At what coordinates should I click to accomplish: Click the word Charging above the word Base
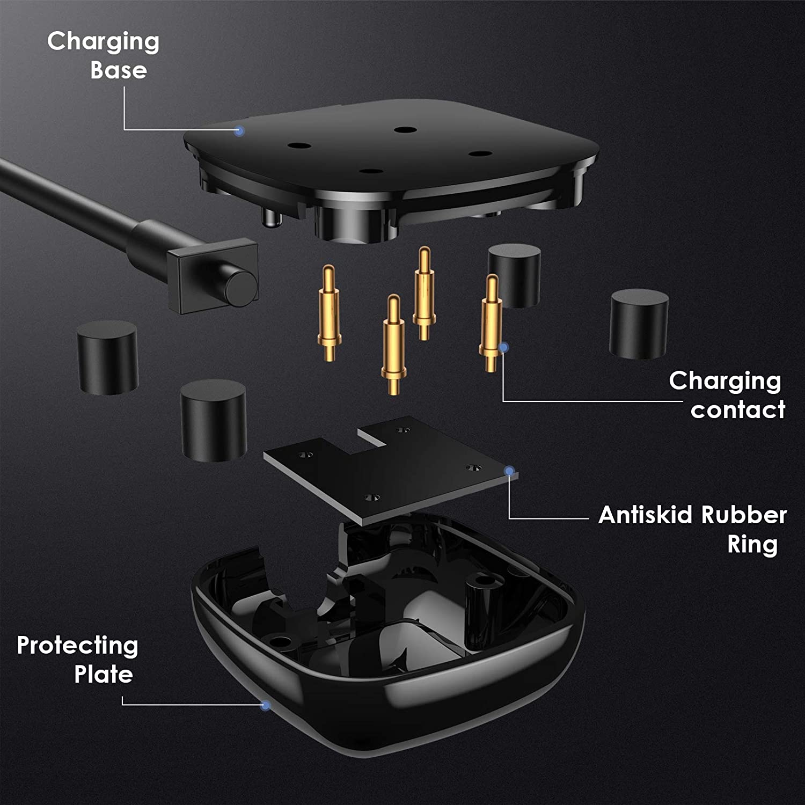(x=103, y=42)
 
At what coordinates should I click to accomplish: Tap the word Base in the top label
(x=118, y=70)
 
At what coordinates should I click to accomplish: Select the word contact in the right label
(x=737, y=410)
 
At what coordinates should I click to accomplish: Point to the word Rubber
(x=744, y=515)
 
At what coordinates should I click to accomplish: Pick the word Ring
(x=752, y=545)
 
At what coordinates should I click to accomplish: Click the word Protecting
(x=78, y=646)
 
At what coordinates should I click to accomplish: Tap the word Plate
(x=103, y=675)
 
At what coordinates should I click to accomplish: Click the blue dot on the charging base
(x=240, y=130)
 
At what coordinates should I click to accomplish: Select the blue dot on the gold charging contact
(x=503, y=347)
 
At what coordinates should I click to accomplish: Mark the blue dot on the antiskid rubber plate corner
(x=509, y=471)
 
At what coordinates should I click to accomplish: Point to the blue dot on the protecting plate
(x=265, y=705)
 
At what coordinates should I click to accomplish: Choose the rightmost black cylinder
(x=639, y=324)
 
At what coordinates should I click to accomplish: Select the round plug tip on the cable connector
(x=240, y=287)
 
